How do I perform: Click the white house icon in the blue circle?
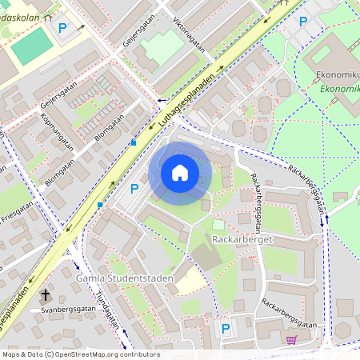click(180, 173)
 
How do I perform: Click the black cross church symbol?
click(45, 295)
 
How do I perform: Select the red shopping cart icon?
click(291, 339)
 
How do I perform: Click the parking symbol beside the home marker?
click(134, 188)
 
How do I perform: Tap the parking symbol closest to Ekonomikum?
click(302, 22)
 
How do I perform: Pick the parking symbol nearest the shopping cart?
click(226, 328)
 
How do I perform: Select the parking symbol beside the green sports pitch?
click(62, 28)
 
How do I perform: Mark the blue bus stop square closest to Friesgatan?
click(100, 205)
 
